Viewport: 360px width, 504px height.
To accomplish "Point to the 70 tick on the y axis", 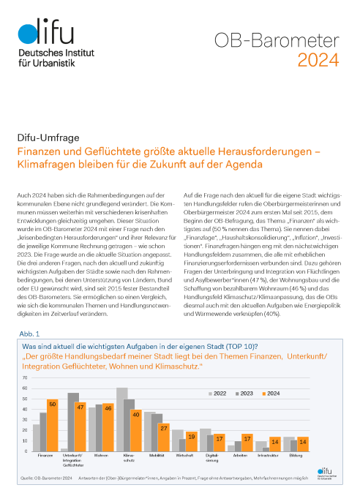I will point(27,377).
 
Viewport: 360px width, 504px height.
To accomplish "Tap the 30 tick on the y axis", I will point(27,418).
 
